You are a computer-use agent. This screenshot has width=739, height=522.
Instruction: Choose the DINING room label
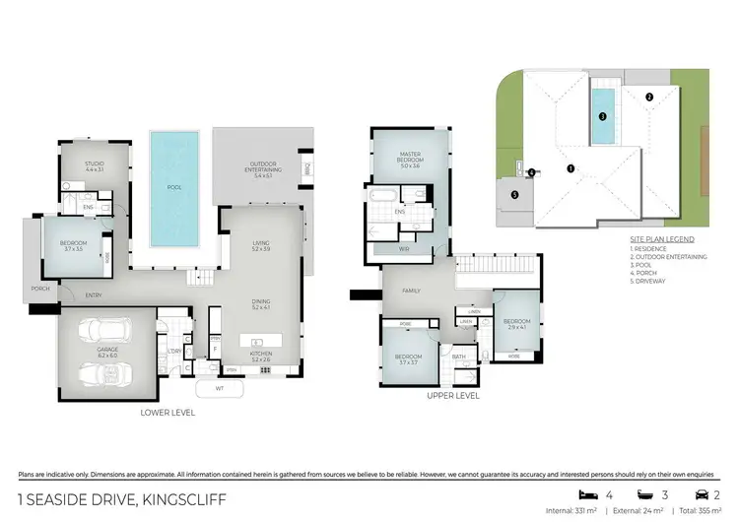click(262, 305)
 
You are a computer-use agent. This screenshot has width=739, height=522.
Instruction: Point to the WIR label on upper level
click(403, 249)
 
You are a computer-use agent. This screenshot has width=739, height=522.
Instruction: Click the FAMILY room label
click(411, 292)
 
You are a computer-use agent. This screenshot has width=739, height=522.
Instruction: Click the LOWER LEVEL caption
click(168, 413)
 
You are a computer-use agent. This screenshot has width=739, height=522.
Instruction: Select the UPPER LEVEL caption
click(453, 395)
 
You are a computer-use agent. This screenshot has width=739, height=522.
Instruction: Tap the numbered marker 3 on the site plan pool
click(602, 115)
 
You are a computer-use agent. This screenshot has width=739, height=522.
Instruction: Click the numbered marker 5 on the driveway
click(515, 194)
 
